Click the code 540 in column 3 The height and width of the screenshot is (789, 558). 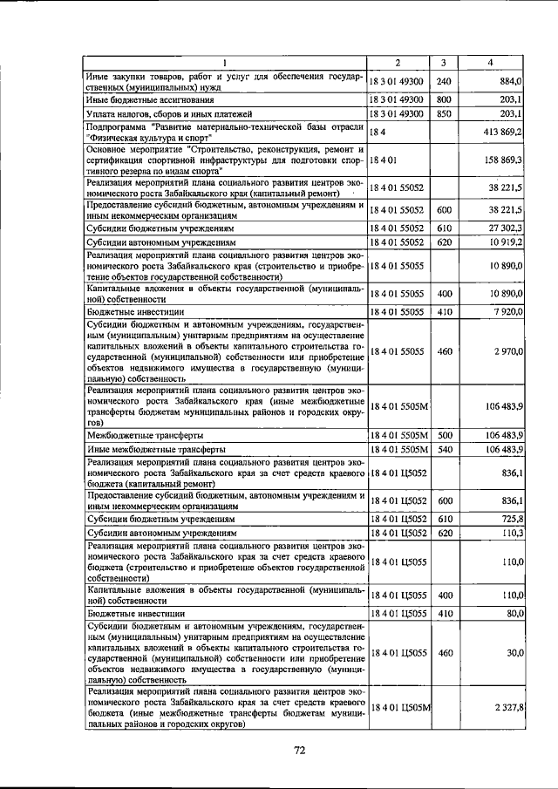pos(444,449)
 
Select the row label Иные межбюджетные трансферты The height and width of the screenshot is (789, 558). pos(149,449)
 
